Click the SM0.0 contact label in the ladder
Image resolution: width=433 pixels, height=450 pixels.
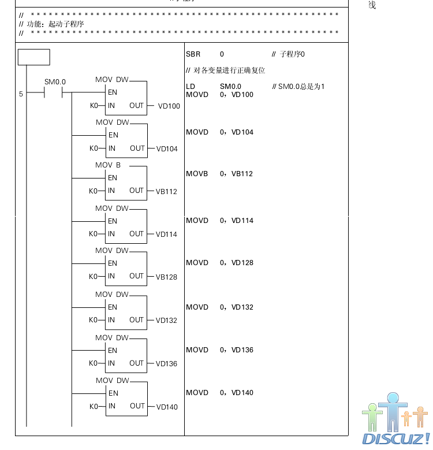[55, 82]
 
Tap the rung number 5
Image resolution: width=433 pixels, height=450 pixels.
[21, 94]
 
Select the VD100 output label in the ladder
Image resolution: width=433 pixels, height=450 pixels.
[169, 106]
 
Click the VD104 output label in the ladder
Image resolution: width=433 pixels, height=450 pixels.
[167, 149]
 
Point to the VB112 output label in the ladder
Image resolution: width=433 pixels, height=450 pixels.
[166, 192]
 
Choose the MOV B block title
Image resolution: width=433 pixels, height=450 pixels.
[108, 165]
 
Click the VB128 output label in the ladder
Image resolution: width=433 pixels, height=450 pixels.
[166, 277]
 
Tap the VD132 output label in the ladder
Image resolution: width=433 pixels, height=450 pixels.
[166, 321]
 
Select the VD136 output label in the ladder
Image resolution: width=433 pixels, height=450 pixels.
[166, 364]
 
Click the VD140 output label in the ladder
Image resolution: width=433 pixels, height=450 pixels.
[166, 407]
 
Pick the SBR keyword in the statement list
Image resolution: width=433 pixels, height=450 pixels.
[193, 54]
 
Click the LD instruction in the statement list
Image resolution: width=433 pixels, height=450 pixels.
[191, 87]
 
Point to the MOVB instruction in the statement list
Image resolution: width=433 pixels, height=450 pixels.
[197, 174]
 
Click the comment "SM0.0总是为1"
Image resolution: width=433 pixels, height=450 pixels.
[298, 87]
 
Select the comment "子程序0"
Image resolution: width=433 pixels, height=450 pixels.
[288, 54]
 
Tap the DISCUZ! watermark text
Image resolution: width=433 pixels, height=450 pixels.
[396, 439]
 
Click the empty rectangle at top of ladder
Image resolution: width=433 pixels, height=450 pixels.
[34, 57]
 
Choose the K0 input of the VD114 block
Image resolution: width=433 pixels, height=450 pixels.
[93, 234]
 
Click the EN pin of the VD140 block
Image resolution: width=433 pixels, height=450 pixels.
[113, 393]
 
